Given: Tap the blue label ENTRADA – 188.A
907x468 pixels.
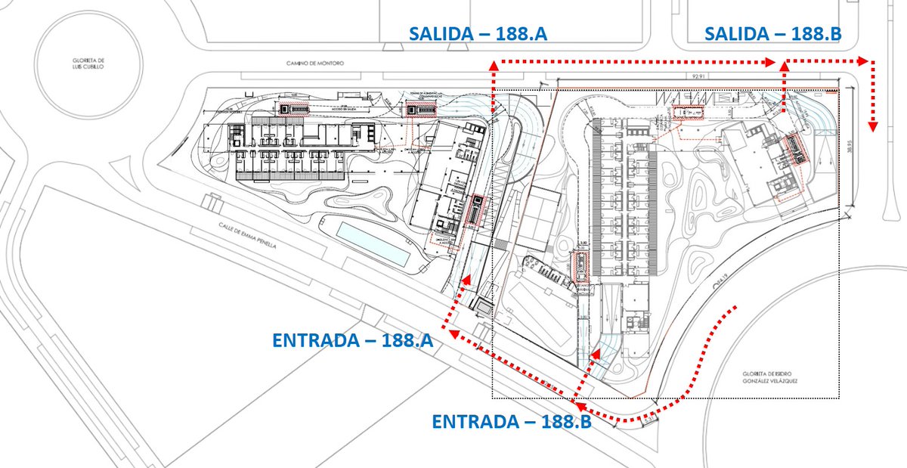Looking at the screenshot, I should [x=352, y=340].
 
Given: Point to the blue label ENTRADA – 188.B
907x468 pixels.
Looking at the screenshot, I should [x=511, y=422].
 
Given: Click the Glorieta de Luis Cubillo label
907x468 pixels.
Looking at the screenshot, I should [x=82, y=64].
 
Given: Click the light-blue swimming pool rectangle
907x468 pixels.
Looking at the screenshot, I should [x=374, y=243].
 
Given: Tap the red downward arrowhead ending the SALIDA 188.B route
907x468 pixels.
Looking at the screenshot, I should [x=874, y=126].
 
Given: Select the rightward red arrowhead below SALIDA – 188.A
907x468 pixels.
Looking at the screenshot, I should [x=771, y=64].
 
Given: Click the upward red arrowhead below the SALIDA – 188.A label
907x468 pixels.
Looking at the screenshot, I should [x=494, y=67].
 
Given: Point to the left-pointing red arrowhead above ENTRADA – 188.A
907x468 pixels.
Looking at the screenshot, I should [x=447, y=330].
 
